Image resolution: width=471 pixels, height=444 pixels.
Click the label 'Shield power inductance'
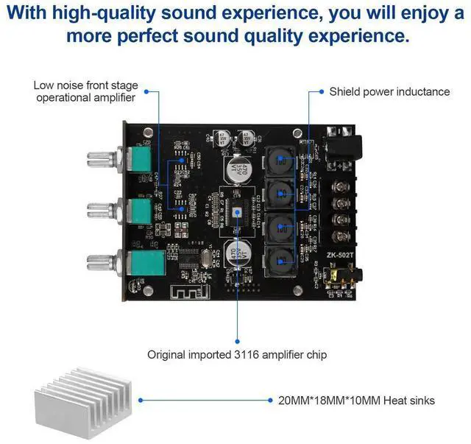pos(389,92)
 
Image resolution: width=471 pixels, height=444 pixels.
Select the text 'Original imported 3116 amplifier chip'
pos(237,354)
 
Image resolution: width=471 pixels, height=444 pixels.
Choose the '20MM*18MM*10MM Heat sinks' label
pos(356,401)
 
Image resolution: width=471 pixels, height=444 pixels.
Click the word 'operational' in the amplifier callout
pos(65,98)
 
